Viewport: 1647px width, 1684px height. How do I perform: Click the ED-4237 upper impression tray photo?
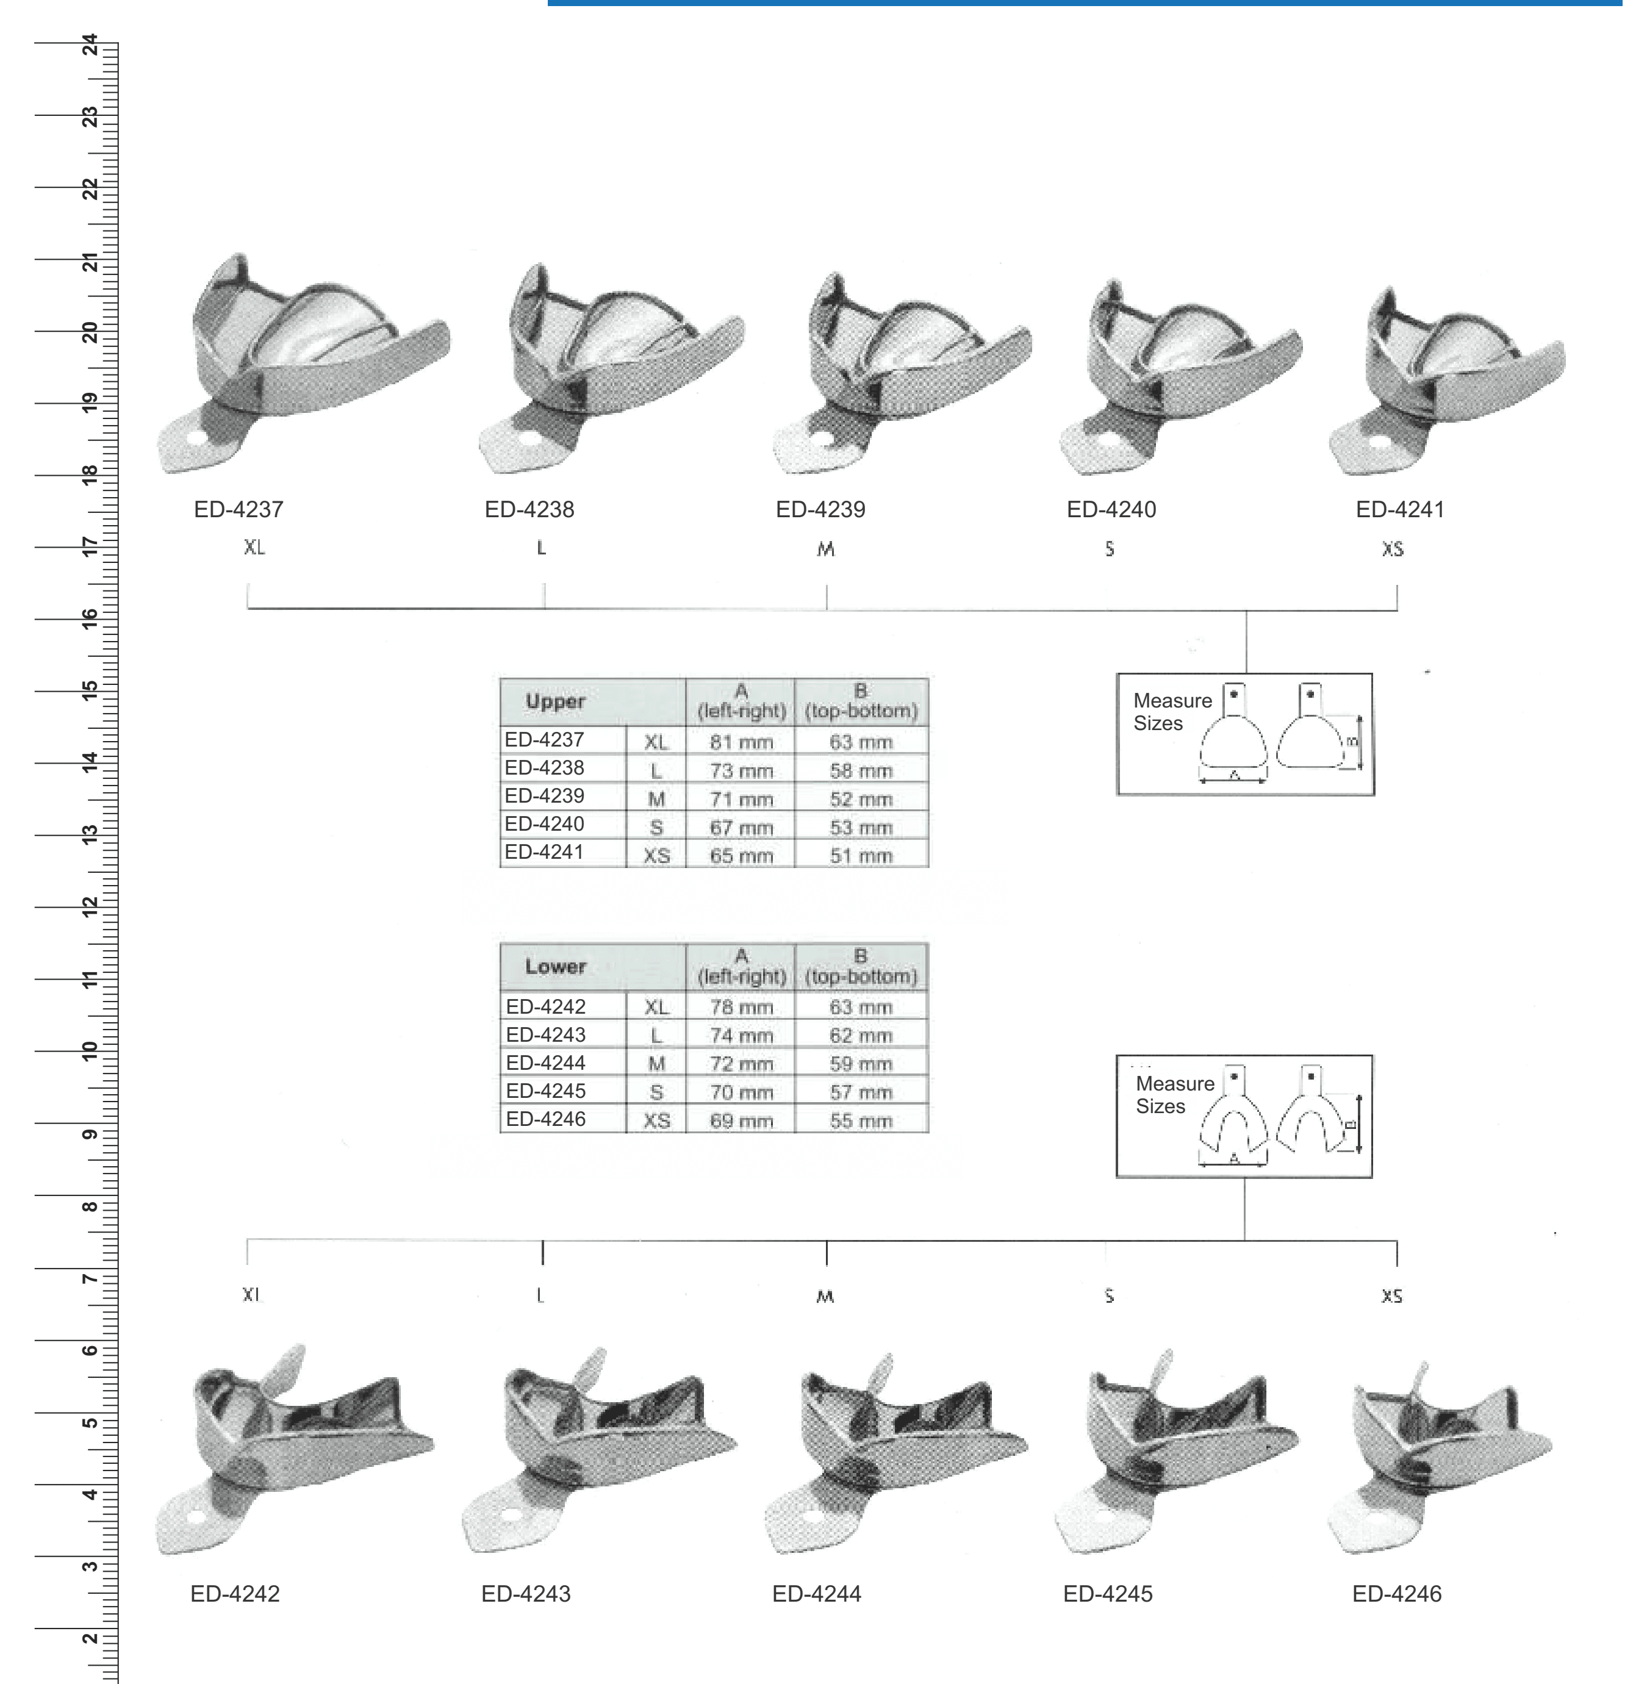pos(303,364)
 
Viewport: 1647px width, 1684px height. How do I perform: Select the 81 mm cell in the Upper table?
pos(741,741)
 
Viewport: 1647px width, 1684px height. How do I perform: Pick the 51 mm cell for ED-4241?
pos(861,855)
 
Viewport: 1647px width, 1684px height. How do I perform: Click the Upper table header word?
pos(555,701)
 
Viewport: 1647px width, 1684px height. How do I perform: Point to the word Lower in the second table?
pos(555,966)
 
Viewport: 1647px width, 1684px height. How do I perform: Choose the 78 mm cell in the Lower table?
pos(741,1007)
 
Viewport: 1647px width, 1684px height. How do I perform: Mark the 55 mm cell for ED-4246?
pos(861,1120)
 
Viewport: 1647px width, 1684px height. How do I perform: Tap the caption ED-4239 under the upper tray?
pos(820,509)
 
